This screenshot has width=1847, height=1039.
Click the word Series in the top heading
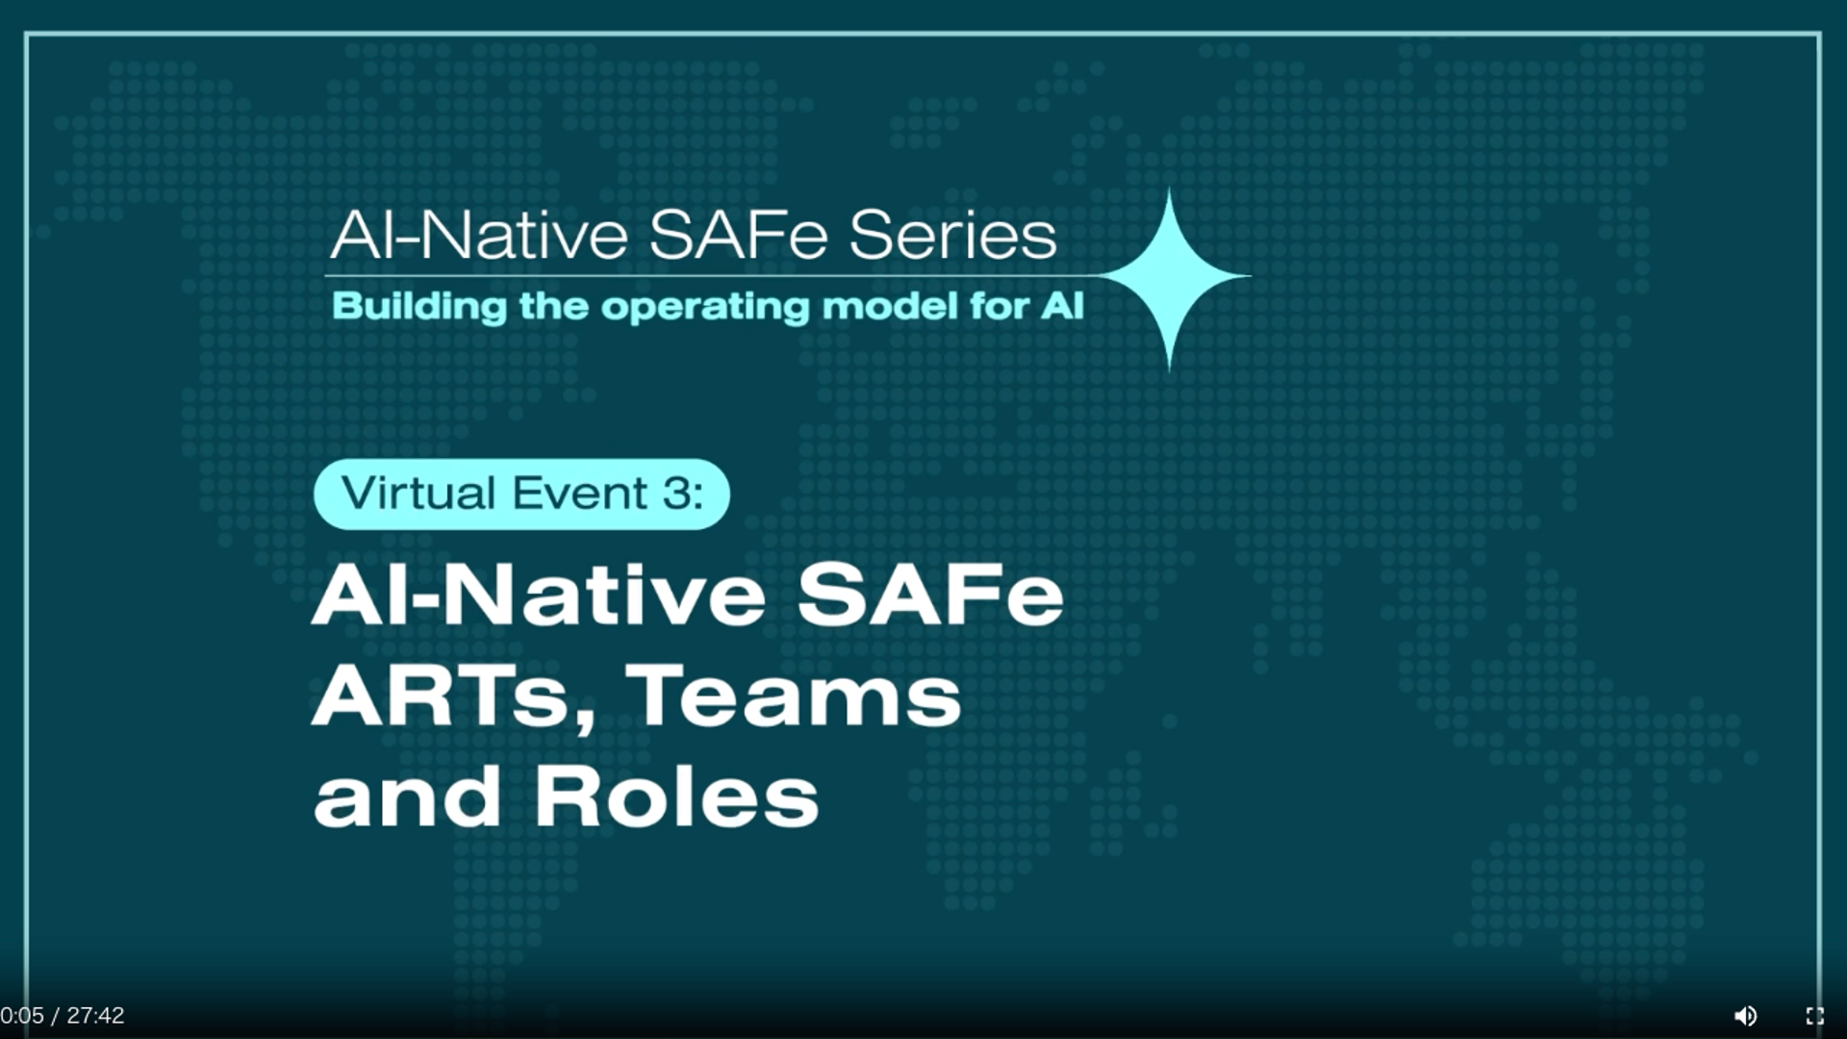(952, 235)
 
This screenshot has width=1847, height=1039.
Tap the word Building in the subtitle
(419, 307)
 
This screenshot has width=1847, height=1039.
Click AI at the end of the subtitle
(1062, 306)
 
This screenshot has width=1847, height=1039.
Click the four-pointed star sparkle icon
(1170, 277)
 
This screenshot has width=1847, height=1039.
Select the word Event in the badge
(579, 493)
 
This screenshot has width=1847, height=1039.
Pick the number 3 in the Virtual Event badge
(676, 493)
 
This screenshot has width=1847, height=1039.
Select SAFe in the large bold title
(930, 594)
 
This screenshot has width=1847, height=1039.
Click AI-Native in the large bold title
(539, 594)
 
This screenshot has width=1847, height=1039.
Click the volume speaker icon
(1745, 1016)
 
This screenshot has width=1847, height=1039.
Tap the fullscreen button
(1815, 1016)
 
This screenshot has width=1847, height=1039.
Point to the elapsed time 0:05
(22, 1016)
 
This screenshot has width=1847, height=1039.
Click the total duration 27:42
(95, 1016)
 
